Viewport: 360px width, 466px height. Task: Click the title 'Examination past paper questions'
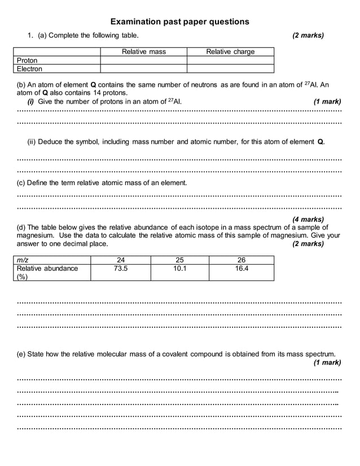[x=179, y=22]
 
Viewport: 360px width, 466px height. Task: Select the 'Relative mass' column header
[x=143, y=52]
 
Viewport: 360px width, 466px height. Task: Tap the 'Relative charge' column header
[x=230, y=52]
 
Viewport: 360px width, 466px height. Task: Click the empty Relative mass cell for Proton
[x=143, y=60]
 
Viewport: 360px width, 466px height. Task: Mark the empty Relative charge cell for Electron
[x=230, y=69]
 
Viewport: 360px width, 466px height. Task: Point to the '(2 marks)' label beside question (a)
[x=308, y=36]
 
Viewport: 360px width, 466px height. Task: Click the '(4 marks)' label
[x=308, y=219]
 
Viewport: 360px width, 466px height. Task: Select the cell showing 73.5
[x=121, y=269]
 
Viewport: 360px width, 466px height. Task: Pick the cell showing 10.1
[x=179, y=269]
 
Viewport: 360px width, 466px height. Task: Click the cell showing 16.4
[x=241, y=269]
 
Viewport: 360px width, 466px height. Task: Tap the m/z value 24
[x=121, y=260]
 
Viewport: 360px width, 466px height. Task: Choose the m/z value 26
[x=241, y=260]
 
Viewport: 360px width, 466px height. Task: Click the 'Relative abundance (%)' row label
[x=47, y=272]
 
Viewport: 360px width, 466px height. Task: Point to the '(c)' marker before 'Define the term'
[x=22, y=183]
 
